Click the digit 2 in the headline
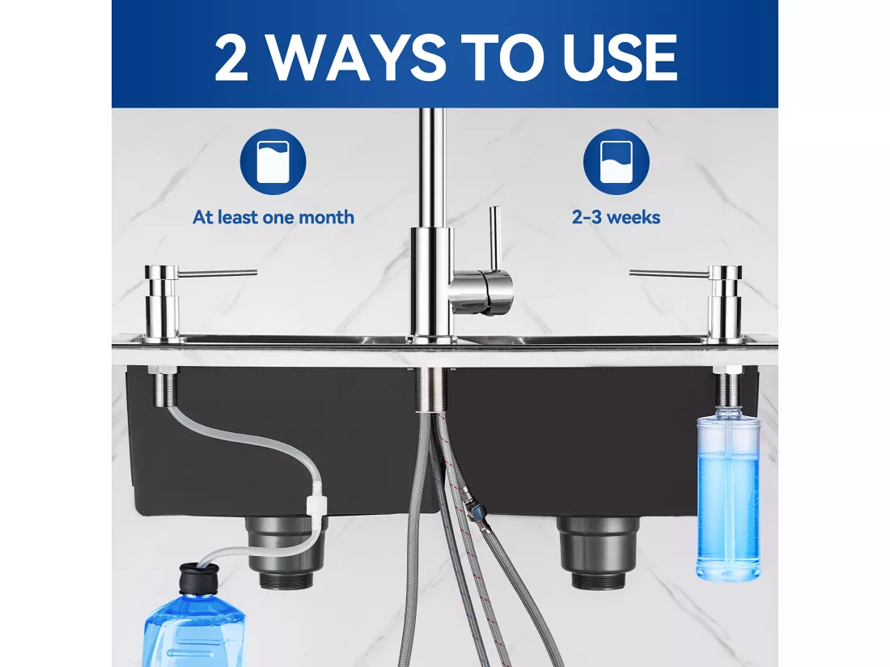(231, 57)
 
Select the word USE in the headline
(620, 57)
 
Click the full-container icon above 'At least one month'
(273, 162)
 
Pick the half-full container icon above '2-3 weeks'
(617, 162)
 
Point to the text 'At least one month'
(273, 218)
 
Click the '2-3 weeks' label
(617, 218)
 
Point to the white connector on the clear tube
(316, 503)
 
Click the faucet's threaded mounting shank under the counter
(431, 389)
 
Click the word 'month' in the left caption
(326, 218)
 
